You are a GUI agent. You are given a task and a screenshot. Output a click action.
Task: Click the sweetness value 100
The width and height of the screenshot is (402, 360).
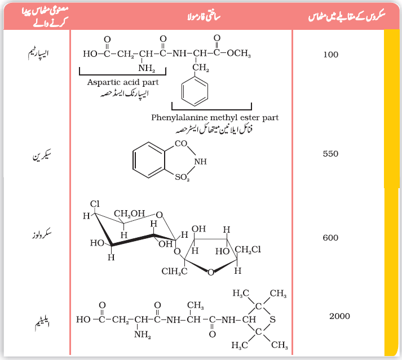(331, 55)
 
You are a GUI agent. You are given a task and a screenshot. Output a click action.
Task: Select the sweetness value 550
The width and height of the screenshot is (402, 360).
(330, 154)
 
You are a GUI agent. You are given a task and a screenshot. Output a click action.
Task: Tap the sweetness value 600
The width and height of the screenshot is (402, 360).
(330, 238)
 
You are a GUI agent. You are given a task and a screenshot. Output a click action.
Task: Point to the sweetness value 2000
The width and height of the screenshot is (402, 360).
(340, 316)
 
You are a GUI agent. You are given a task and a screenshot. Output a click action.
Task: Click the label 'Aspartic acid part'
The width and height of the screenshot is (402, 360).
(123, 82)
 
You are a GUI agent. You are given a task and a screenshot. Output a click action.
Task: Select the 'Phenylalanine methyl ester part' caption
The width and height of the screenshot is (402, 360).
(215, 118)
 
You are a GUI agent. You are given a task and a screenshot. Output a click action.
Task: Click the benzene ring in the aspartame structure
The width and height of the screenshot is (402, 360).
(195, 91)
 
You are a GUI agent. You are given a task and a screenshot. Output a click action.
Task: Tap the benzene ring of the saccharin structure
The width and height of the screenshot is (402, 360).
(149, 160)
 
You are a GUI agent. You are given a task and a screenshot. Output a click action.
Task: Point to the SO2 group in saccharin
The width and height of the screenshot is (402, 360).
(182, 177)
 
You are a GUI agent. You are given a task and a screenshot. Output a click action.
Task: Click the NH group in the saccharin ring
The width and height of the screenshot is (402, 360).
(200, 162)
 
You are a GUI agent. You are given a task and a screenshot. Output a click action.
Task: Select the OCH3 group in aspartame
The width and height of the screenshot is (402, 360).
(238, 54)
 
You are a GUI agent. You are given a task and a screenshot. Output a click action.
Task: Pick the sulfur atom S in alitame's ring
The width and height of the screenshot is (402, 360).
(272, 319)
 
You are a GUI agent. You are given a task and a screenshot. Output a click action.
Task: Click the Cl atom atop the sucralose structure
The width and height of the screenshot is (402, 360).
(95, 204)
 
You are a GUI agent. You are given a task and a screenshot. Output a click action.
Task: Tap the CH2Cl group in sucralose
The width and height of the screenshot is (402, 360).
(248, 250)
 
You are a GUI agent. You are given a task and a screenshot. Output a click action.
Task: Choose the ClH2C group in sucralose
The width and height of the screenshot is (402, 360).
(174, 272)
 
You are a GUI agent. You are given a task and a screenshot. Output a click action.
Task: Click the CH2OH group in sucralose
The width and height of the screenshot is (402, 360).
(130, 214)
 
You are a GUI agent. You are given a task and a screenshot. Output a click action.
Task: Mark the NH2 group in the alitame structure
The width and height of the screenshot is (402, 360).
(143, 335)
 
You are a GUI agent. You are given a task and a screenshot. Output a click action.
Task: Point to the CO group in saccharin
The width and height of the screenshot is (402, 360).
(181, 144)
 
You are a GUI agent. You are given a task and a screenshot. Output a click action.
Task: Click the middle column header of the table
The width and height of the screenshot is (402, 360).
(204, 17)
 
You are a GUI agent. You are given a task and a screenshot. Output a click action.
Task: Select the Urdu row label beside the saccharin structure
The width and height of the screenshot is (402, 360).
(42, 155)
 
